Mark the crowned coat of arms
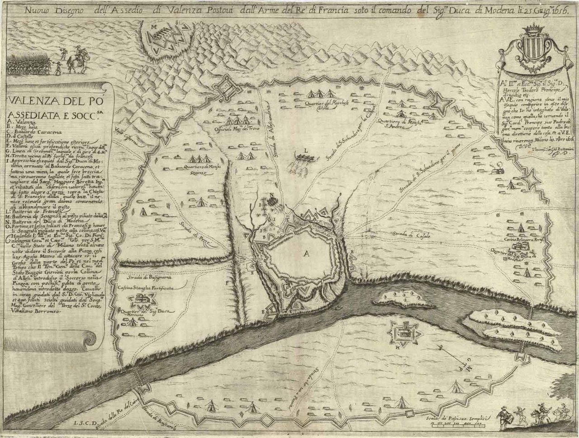(x=536, y=51)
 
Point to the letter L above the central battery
(x=306, y=149)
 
